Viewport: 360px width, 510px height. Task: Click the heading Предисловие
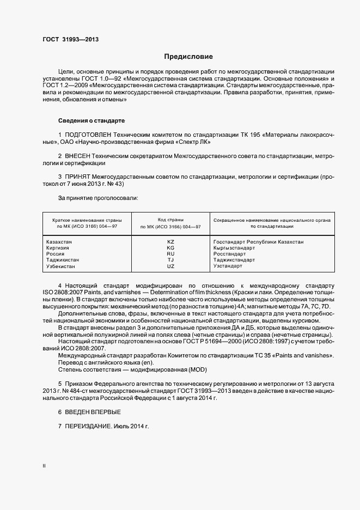188,57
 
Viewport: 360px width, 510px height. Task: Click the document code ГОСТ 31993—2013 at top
70,39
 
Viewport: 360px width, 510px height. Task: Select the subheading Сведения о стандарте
91,120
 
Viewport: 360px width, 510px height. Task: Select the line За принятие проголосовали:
97,198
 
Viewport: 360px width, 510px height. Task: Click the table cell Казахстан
59,241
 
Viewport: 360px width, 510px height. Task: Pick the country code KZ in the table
170,241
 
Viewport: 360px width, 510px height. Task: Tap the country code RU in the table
170,254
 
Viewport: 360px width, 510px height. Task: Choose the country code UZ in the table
170,266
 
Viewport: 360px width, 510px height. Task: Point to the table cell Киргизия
58,247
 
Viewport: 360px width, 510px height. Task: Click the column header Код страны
170,219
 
